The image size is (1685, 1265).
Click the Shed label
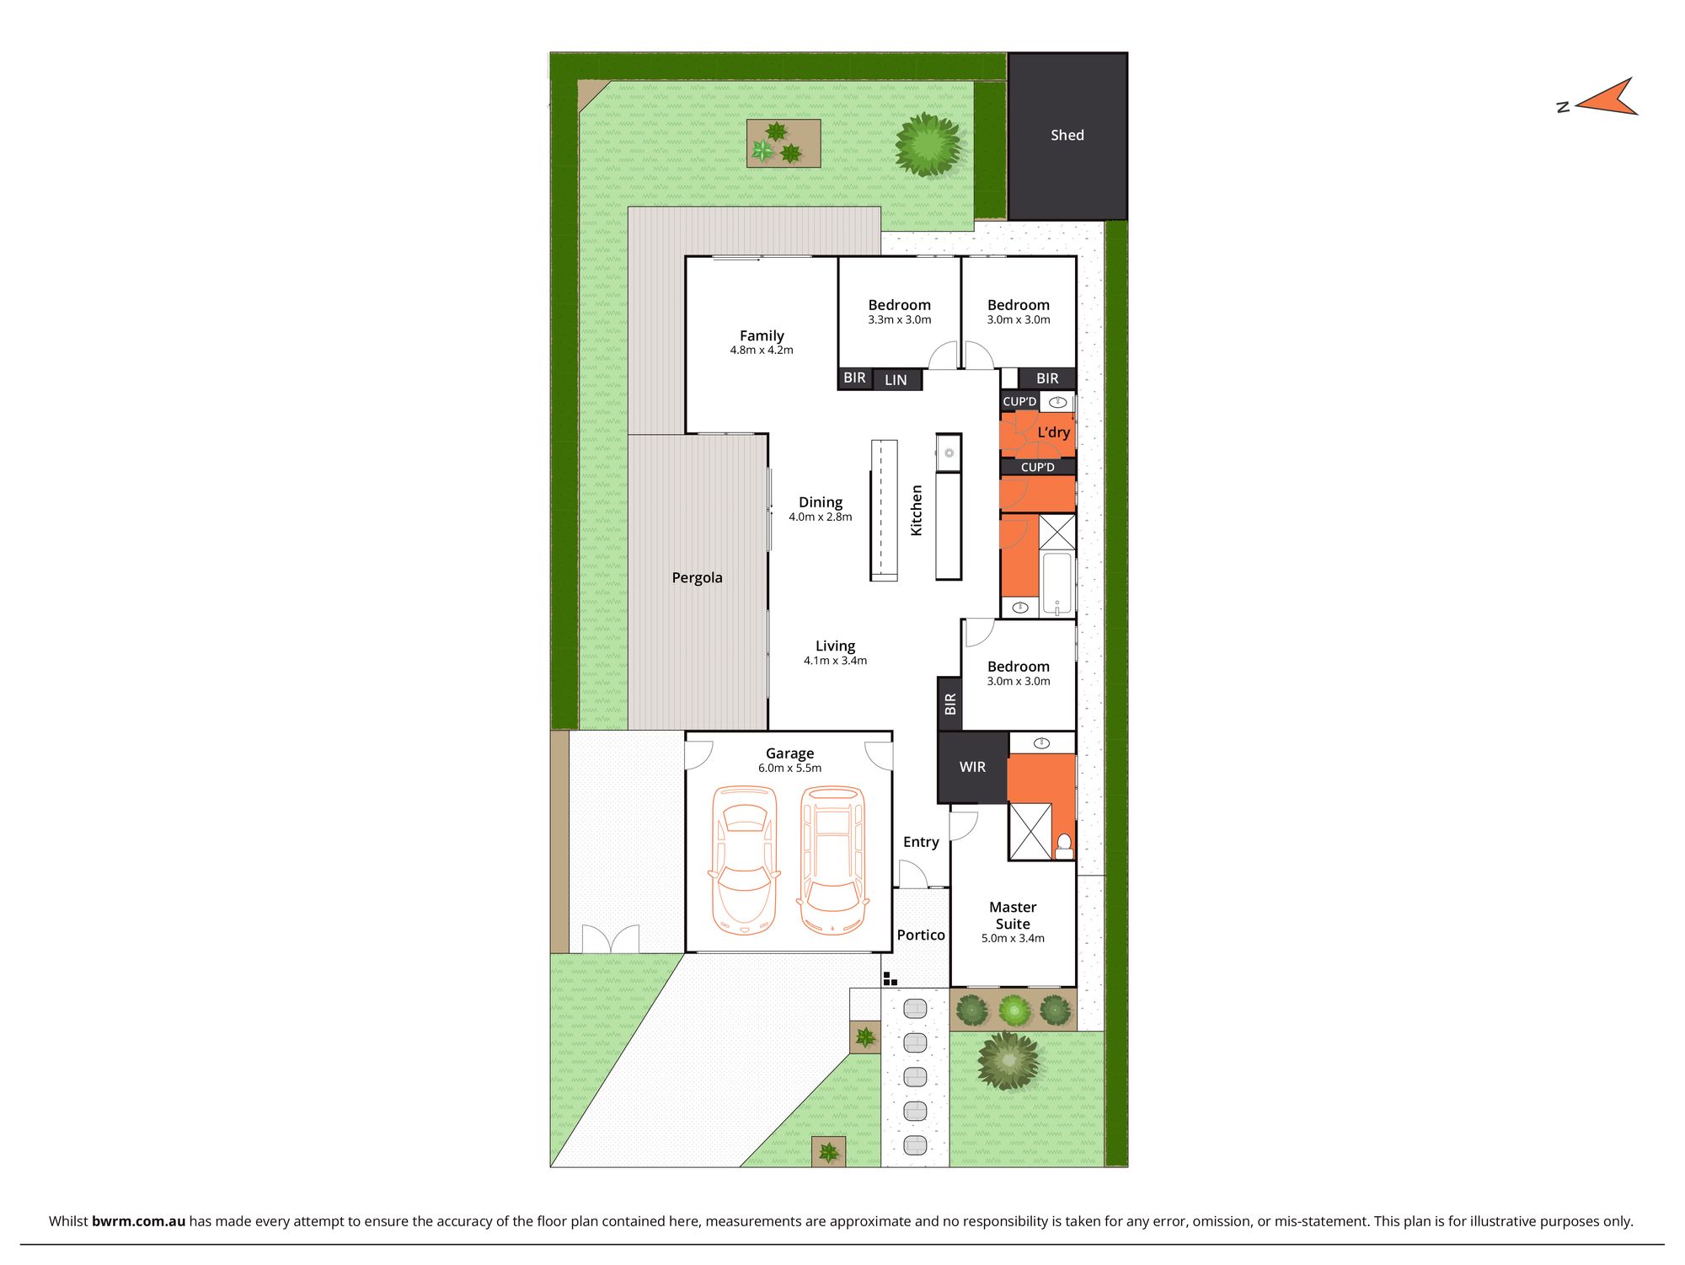click(1067, 135)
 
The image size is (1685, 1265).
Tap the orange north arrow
click(1607, 99)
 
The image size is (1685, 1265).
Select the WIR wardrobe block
click(972, 767)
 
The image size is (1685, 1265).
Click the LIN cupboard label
click(896, 380)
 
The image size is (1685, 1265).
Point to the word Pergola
click(697, 577)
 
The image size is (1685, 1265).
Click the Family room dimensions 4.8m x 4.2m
click(761, 350)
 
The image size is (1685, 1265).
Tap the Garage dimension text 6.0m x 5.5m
click(789, 768)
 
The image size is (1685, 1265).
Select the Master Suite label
click(1013, 915)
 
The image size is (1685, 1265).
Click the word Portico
click(920, 935)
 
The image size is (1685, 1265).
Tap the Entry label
click(920, 842)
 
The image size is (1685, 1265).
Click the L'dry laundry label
click(1053, 432)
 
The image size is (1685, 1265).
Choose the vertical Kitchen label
click(917, 510)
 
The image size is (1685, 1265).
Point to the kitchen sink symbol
click(949, 453)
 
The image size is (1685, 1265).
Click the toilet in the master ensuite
click(1064, 845)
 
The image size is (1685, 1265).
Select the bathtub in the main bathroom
click(1057, 582)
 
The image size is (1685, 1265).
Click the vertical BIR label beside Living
click(950, 704)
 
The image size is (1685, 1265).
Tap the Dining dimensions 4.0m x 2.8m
click(820, 517)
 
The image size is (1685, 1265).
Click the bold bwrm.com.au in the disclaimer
click(138, 1221)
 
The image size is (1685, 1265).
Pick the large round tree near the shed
click(928, 145)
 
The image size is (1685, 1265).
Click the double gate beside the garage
click(610, 939)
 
